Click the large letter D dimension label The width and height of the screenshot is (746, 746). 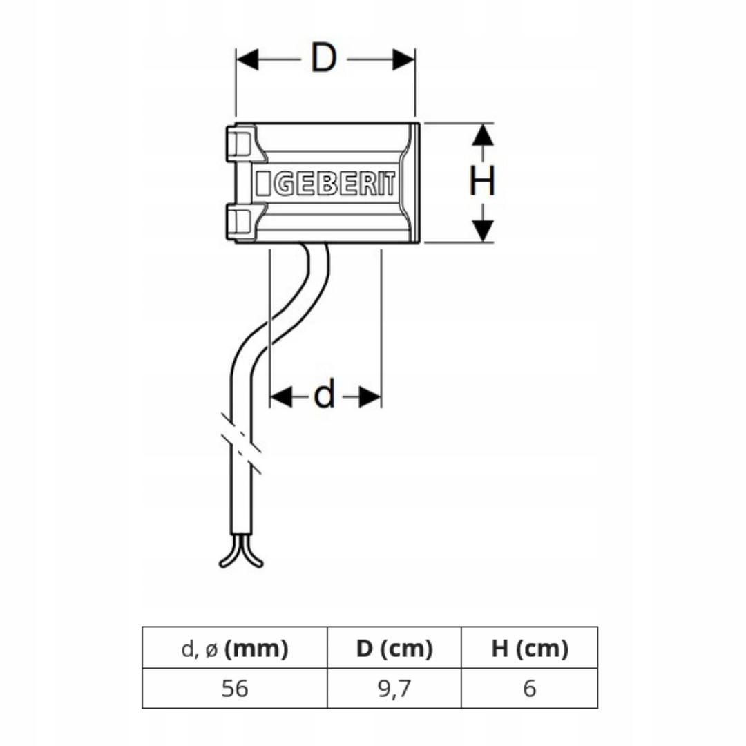click(x=323, y=59)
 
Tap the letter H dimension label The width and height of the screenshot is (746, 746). click(x=482, y=182)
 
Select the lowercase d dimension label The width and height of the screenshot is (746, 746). click(x=324, y=396)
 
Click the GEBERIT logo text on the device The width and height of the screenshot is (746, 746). click(x=325, y=184)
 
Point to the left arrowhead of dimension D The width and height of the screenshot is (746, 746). click(x=247, y=60)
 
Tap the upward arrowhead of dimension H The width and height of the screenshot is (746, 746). click(x=483, y=135)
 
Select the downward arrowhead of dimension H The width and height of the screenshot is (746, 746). click(x=483, y=230)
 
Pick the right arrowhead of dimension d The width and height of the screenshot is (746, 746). click(x=371, y=396)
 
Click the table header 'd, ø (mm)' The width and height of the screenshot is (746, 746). click(x=235, y=649)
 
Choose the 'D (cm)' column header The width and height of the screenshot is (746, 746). click(x=394, y=649)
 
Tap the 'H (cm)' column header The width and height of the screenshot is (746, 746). click(x=530, y=649)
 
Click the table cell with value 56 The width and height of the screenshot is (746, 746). click(x=235, y=689)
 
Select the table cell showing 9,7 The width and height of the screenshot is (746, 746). click(x=394, y=689)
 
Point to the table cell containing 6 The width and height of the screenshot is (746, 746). click(x=530, y=689)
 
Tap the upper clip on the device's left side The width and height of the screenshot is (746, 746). click(x=239, y=144)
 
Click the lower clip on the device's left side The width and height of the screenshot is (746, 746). click(x=239, y=222)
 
